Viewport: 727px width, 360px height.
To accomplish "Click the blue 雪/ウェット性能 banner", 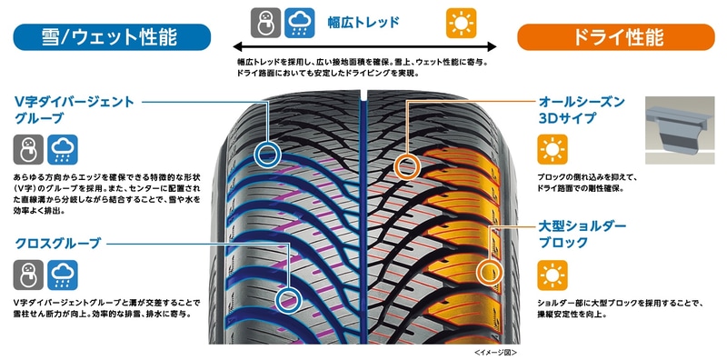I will tap(112, 37).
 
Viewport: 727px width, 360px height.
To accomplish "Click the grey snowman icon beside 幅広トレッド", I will tap(264, 22).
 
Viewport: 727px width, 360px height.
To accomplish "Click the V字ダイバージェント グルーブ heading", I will tap(74, 110).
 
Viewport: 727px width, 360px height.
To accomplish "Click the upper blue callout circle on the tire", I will tap(266, 154).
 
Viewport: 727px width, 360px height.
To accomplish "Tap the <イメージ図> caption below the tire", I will tap(496, 351).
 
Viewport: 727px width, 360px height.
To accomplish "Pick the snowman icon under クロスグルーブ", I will tap(28, 274).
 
